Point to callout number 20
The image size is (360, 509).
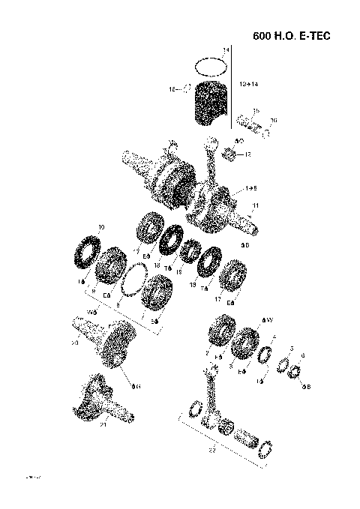pos(74,343)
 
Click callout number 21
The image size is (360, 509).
pos(103,425)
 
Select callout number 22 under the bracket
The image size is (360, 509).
pos(211,451)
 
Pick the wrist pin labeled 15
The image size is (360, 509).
pos(248,121)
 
